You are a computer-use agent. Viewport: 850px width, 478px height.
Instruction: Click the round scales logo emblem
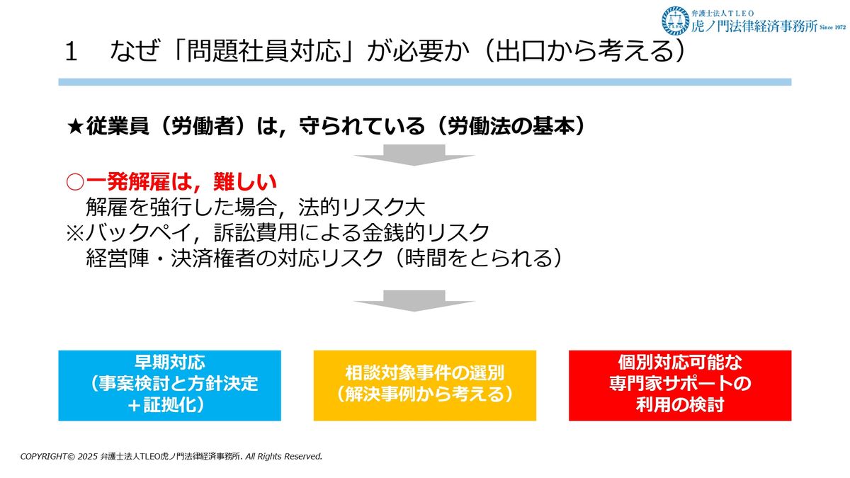pyautogui.click(x=676, y=21)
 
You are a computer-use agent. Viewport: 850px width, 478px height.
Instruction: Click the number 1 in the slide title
pyautogui.click(x=71, y=51)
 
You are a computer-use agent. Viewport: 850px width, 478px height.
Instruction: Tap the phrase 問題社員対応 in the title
pyautogui.click(x=263, y=51)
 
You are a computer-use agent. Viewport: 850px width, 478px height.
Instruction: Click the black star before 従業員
pyautogui.click(x=75, y=126)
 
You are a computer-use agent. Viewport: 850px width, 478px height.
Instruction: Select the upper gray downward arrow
pyautogui.click(x=414, y=155)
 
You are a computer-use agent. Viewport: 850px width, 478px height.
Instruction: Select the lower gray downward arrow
pyautogui.click(x=414, y=300)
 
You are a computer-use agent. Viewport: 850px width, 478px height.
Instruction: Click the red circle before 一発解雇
pyautogui.click(x=75, y=182)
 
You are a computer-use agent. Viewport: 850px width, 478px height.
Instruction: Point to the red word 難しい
pyautogui.click(x=245, y=182)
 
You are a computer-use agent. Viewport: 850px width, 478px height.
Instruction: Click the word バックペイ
pyautogui.click(x=137, y=232)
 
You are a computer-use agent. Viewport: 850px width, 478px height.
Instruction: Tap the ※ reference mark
pyautogui.click(x=75, y=232)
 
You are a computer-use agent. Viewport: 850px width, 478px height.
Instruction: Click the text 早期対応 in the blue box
pyautogui.click(x=169, y=363)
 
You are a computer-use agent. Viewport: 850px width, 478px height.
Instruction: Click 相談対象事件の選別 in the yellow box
pyautogui.click(x=424, y=373)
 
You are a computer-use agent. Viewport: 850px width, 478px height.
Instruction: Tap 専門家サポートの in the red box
pyautogui.click(x=680, y=384)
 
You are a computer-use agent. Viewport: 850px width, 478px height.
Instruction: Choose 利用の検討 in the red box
pyautogui.click(x=680, y=405)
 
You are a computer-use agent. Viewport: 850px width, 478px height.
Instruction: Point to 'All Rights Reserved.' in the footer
pyautogui.click(x=284, y=456)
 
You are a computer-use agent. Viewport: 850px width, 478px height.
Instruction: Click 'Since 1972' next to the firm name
pyautogui.click(x=832, y=28)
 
